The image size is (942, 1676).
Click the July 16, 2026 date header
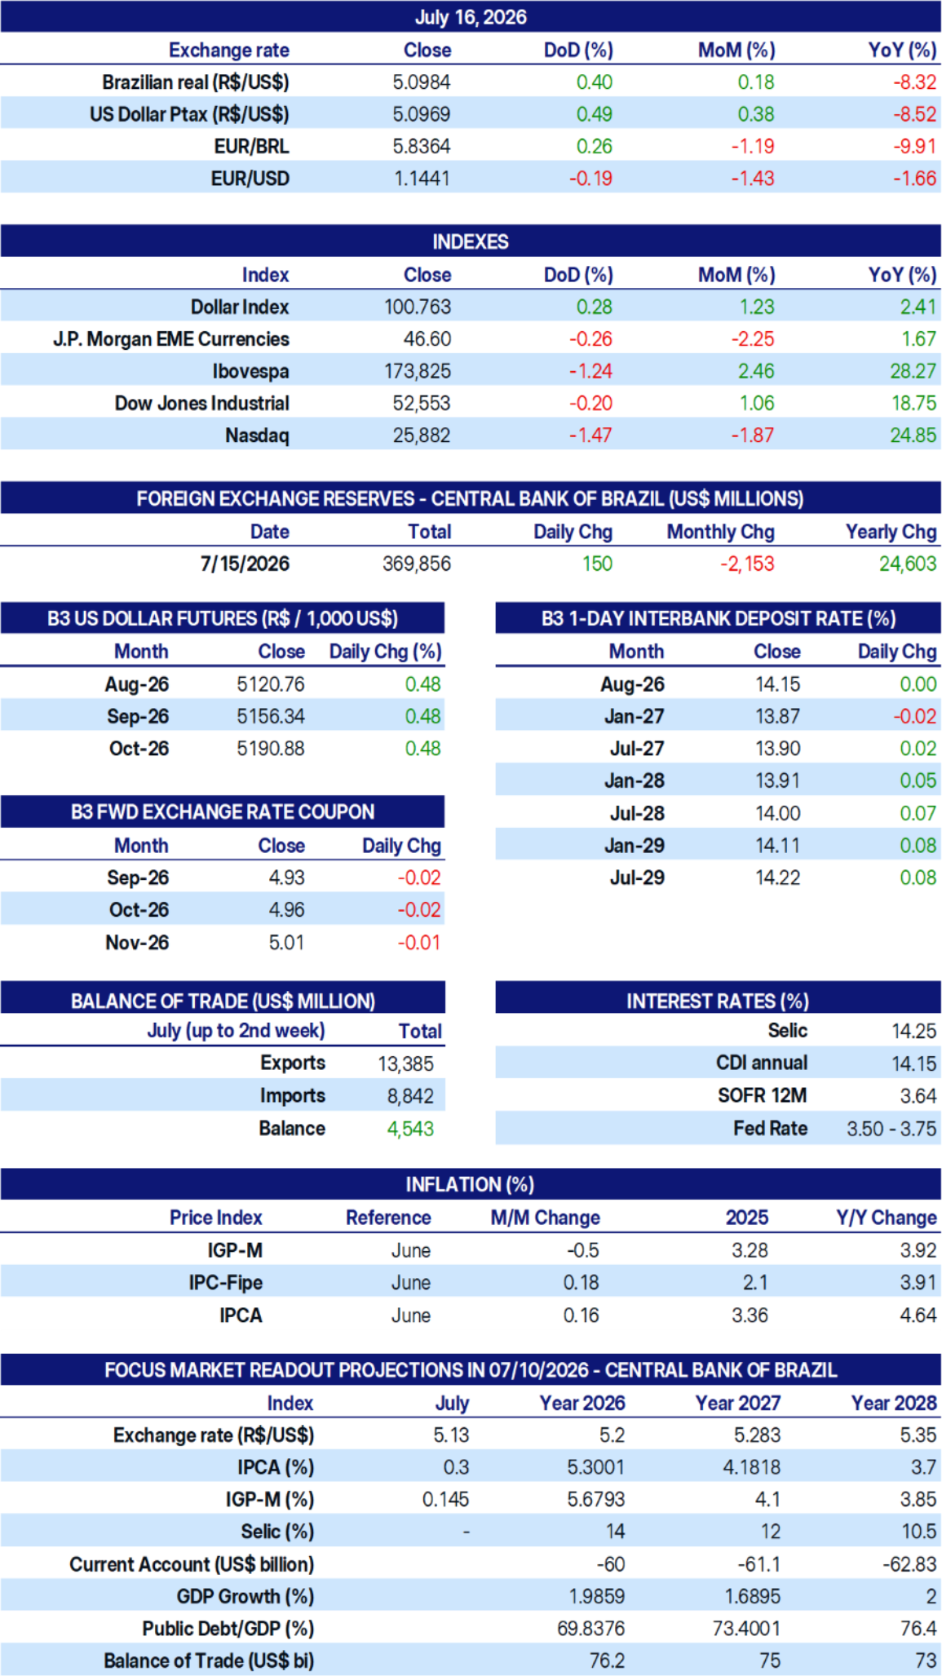(x=471, y=17)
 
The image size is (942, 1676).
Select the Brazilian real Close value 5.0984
(x=422, y=82)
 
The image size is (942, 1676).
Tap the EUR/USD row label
(x=250, y=179)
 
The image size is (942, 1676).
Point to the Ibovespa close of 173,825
(x=418, y=371)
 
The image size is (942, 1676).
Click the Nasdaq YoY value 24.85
(x=913, y=436)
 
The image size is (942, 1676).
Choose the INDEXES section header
(x=471, y=242)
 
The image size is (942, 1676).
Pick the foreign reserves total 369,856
(x=417, y=564)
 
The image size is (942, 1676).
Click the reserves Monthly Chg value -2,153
(x=747, y=564)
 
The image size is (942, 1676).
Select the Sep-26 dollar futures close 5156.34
(x=271, y=716)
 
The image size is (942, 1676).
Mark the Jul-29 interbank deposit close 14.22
(x=778, y=878)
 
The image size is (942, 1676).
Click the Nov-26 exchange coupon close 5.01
(x=287, y=943)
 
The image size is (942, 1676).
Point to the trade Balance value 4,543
(x=410, y=1129)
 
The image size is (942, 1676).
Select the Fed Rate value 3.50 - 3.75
(x=891, y=1129)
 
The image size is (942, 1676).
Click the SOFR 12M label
(x=763, y=1095)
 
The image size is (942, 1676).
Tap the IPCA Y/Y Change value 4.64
(x=918, y=1316)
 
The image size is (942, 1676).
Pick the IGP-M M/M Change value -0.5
(x=583, y=1250)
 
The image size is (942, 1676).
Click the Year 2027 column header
(x=737, y=1403)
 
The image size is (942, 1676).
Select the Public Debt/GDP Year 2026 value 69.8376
(x=591, y=1629)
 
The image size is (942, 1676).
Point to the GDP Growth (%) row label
(x=245, y=1596)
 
